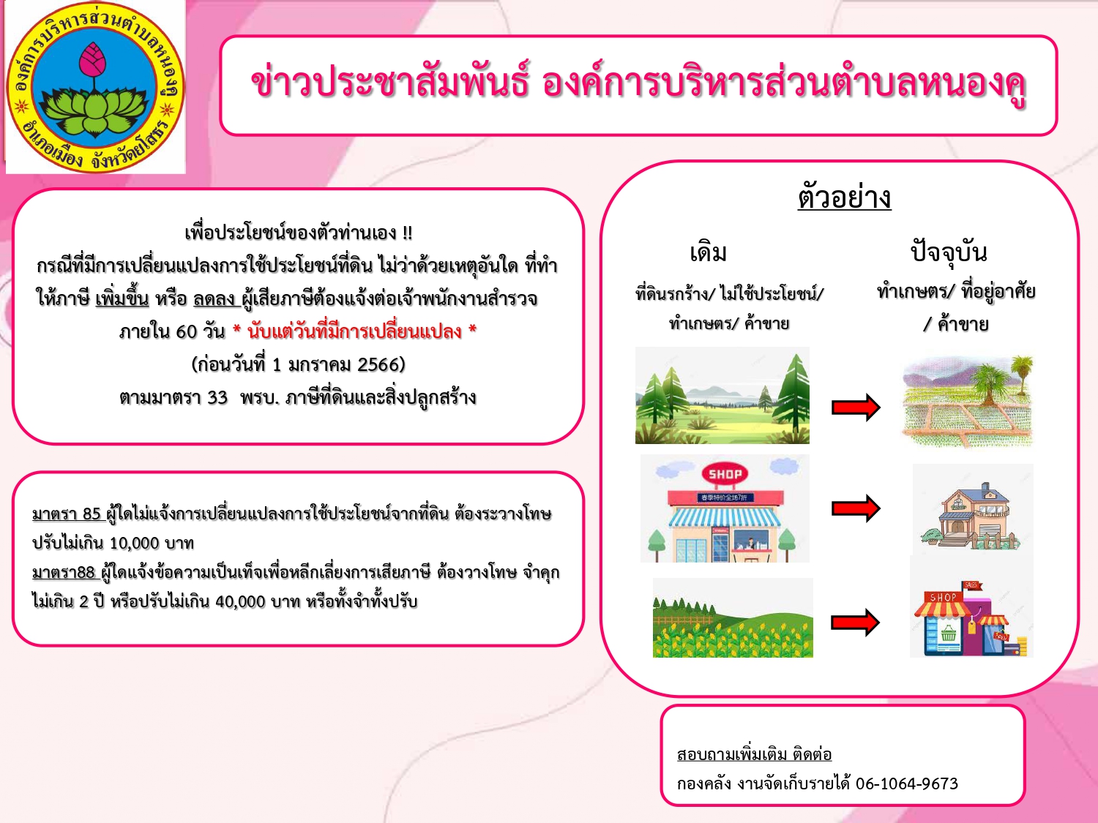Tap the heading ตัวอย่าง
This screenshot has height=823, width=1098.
[x=845, y=197]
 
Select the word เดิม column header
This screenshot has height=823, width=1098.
[x=708, y=253]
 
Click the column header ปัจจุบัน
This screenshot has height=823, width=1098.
[x=949, y=252]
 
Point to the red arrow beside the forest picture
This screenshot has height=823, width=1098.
[x=856, y=407]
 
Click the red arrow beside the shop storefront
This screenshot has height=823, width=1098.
[x=856, y=508]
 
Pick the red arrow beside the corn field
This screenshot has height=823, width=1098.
[x=856, y=623]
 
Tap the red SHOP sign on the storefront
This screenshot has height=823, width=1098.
[x=725, y=474]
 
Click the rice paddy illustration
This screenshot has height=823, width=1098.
[x=968, y=401]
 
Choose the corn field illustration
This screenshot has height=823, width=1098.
[x=733, y=617]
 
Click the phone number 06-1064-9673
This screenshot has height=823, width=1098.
[x=907, y=783]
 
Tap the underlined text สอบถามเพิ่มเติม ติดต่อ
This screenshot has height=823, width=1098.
[x=755, y=754]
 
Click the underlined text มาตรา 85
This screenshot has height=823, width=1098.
[x=67, y=514]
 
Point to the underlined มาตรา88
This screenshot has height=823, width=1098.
[x=64, y=572]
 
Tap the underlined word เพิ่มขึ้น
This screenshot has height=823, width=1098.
[x=122, y=298]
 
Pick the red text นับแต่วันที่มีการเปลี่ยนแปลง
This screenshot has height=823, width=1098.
[x=355, y=331]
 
